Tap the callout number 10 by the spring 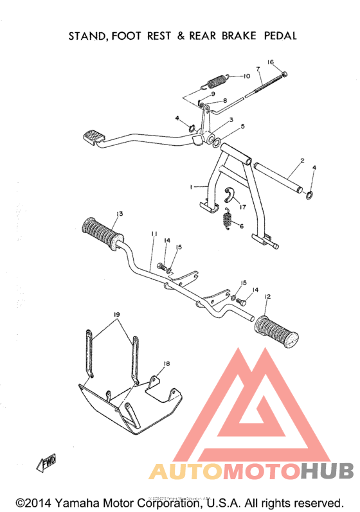point(246,76)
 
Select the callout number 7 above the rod point(257,68)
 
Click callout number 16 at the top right point(271,62)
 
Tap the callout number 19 point(117,314)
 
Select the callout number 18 point(166,364)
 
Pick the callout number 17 point(243,207)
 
